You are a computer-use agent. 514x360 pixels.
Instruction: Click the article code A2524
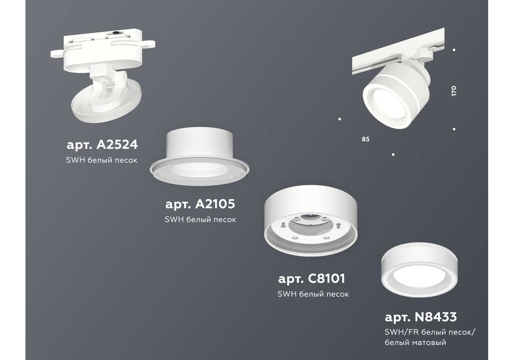pyautogui.click(x=117, y=145)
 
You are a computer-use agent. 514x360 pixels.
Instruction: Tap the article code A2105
pyautogui.click(x=215, y=204)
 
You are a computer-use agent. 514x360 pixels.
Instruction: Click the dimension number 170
pyautogui.click(x=453, y=91)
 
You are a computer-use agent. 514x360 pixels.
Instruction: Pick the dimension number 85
pyautogui.click(x=366, y=139)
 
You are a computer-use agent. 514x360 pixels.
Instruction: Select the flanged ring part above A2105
pyautogui.click(x=199, y=156)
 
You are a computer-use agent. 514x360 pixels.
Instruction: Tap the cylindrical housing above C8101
pyautogui.click(x=311, y=220)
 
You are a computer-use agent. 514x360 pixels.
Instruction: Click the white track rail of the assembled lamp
pyautogui.click(x=398, y=51)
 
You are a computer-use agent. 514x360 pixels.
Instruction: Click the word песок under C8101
pyautogui.click(x=339, y=294)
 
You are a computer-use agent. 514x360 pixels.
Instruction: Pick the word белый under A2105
pyautogui.click(x=196, y=220)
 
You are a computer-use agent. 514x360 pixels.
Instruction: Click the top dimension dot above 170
pyautogui.click(x=454, y=50)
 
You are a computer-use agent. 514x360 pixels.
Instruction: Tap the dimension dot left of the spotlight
pyautogui.click(x=340, y=119)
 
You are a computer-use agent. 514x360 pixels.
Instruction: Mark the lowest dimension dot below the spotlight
pyautogui.click(x=393, y=154)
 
